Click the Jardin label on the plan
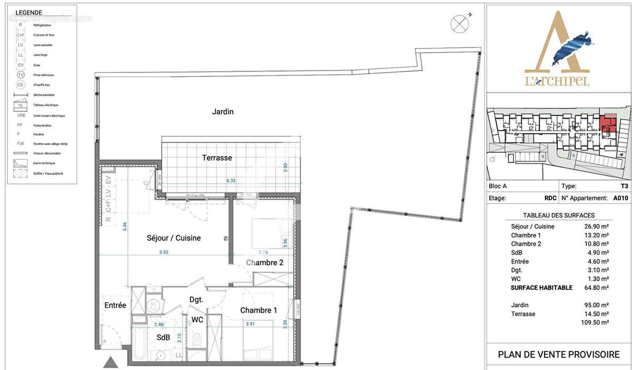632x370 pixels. [x=222, y=112]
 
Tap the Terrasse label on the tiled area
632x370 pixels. [x=217, y=157]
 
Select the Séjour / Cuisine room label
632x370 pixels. [x=173, y=238]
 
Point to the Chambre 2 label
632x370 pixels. [x=265, y=263]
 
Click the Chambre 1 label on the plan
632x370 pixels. [x=258, y=311]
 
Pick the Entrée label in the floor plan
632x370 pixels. [x=115, y=305]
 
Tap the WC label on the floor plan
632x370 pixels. [x=197, y=319]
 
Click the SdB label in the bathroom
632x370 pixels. [x=163, y=337]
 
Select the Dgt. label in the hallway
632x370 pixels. [x=196, y=299]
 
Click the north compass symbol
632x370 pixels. [x=459, y=24]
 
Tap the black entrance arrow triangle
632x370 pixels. [x=111, y=362]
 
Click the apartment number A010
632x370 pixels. [x=620, y=198]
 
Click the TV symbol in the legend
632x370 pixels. [x=21, y=75]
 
